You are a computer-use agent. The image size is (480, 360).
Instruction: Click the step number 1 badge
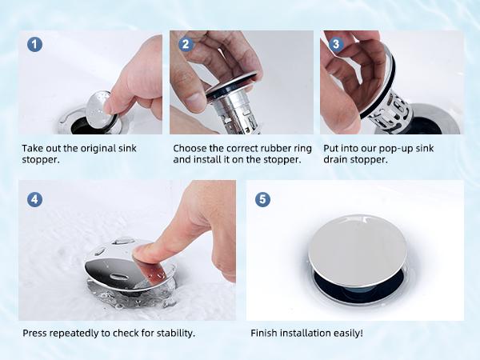point(34,44)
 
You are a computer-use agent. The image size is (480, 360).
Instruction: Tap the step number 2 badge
point(185,44)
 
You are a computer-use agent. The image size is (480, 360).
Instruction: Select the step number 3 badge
point(336,44)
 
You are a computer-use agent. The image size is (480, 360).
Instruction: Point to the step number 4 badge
point(34,198)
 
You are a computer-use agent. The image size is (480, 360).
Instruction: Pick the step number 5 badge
point(262,198)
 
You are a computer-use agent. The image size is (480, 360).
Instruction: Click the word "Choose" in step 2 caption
point(190,148)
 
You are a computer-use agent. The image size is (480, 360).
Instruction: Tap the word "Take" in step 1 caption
point(33,148)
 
